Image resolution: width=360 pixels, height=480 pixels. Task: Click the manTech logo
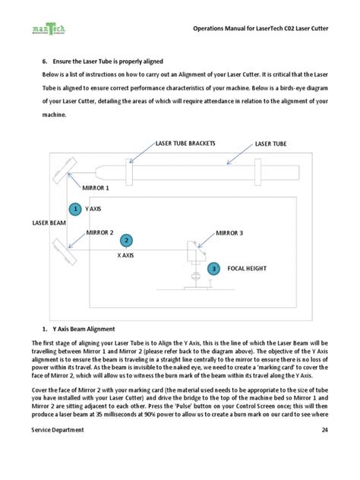pos(49,29)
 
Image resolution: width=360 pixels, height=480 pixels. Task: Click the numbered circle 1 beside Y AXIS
pos(75,209)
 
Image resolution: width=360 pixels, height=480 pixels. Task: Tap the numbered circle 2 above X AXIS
pos(126,241)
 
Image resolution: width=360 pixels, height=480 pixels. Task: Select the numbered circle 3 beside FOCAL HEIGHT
pos(213,269)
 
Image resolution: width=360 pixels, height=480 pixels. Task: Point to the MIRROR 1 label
pos(96,188)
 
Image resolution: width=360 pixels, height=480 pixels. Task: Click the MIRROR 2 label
pos(99,232)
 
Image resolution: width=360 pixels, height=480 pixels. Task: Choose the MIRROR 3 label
pos(229,233)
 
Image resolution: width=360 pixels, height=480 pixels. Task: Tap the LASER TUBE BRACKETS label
pos(185,144)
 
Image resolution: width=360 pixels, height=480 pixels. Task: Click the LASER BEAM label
pos(49,223)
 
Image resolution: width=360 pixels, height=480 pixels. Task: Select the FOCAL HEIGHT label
pos(247,268)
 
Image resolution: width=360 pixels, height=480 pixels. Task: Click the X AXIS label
pos(125,255)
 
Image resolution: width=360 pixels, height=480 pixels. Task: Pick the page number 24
pos(325,430)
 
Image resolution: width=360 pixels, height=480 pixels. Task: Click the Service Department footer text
pos(58,430)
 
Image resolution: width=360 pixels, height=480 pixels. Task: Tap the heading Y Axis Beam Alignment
pos(84,329)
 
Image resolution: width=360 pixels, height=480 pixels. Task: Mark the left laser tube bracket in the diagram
pos(129,172)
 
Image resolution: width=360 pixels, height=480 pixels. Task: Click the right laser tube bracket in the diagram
pos(258,172)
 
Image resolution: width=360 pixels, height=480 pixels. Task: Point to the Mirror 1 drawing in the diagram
pos(65,171)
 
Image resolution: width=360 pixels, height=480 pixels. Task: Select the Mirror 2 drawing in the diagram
pos(65,251)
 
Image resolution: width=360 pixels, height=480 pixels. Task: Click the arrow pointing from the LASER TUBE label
pos(240,155)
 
